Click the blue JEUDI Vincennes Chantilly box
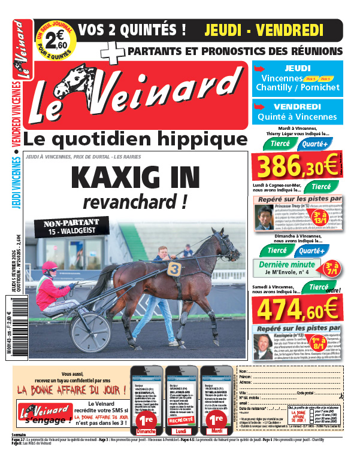297,78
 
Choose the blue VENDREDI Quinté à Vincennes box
297,112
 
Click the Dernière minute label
286,265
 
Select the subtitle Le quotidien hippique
135,140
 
